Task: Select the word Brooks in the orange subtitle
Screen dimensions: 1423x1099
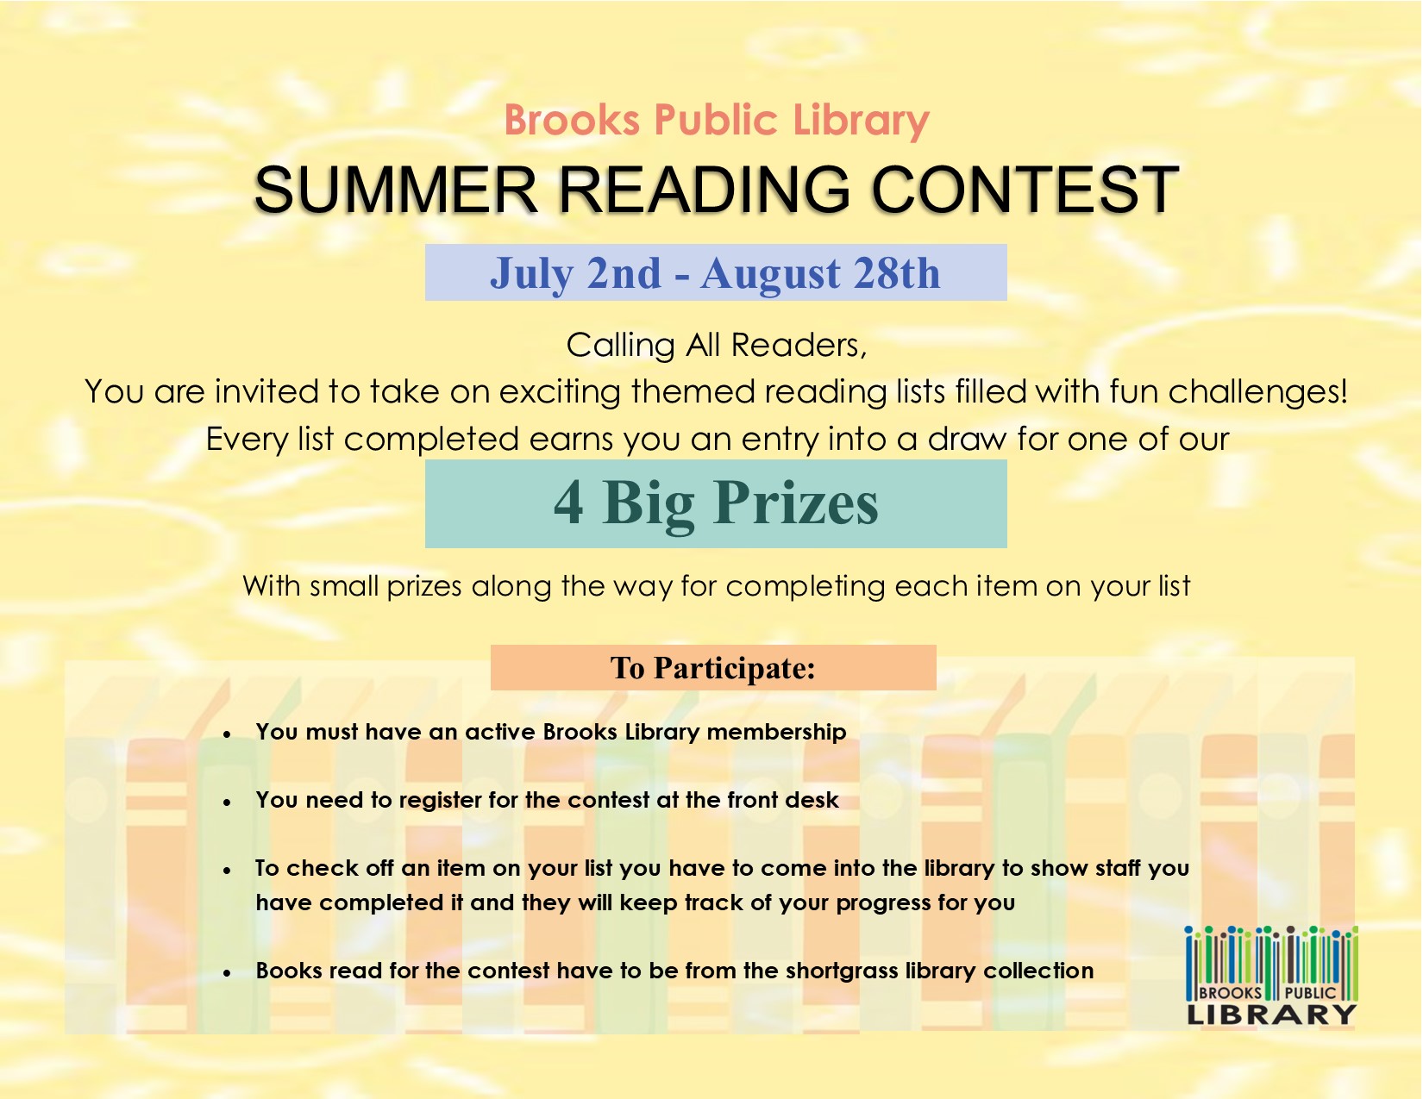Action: (572, 120)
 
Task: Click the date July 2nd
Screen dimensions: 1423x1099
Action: (575, 273)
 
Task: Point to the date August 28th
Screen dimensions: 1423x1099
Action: (820, 272)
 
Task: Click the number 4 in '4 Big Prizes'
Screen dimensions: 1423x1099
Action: (567, 503)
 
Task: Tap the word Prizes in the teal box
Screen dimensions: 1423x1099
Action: (796, 503)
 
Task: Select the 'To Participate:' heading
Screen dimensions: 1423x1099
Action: (712, 668)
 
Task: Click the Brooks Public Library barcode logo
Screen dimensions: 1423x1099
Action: (1271, 975)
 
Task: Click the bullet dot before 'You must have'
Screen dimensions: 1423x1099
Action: (227, 735)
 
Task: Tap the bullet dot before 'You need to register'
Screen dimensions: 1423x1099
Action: (227, 802)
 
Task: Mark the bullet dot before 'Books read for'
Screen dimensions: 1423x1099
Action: (227, 974)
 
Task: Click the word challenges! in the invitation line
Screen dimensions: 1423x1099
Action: (1257, 391)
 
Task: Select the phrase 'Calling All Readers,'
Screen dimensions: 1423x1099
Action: (717, 346)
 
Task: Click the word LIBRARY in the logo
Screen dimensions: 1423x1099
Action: (1271, 1015)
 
